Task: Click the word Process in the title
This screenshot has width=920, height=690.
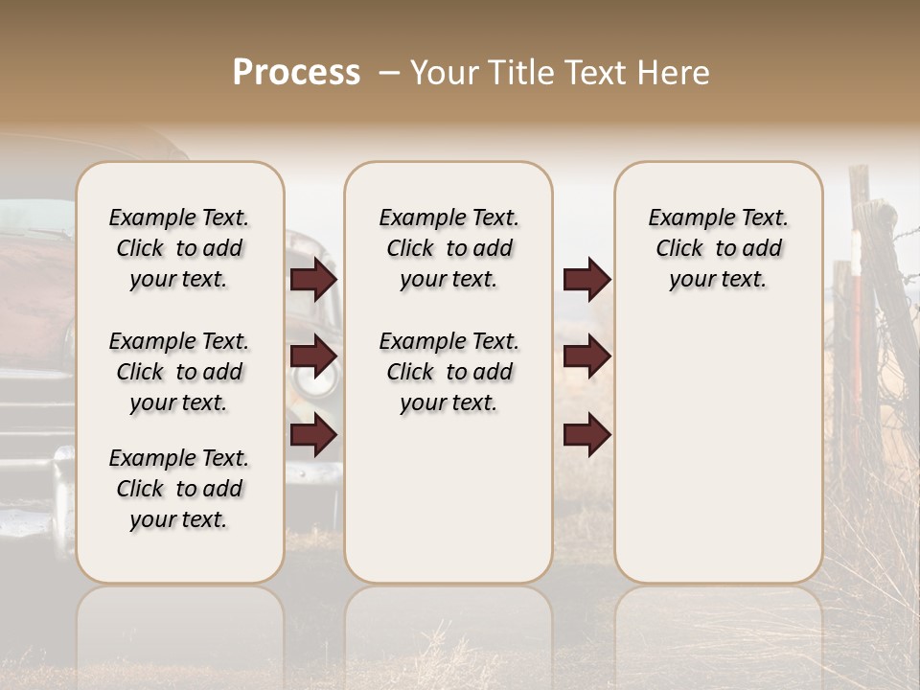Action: (296, 73)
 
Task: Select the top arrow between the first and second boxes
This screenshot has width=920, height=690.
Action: (313, 279)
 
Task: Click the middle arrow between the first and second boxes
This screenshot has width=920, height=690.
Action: (313, 356)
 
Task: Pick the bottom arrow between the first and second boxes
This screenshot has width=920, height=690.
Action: (313, 436)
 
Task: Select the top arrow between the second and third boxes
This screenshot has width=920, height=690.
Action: (586, 279)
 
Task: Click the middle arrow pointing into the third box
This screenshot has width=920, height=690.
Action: (586, 356)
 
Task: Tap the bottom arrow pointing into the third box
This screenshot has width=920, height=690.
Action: (586, 436)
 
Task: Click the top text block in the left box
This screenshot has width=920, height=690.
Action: (179, 248)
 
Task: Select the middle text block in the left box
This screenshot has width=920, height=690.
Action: (179, 372)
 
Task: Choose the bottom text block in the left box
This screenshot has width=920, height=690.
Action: (179, 489)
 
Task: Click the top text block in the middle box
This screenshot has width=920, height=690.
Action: (448, 248)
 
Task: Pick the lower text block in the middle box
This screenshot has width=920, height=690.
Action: (448, 372)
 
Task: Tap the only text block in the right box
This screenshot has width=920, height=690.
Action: (718, 248)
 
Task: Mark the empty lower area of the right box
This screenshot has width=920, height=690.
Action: (718, 450)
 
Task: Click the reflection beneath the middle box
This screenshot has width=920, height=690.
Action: (448, 623)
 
